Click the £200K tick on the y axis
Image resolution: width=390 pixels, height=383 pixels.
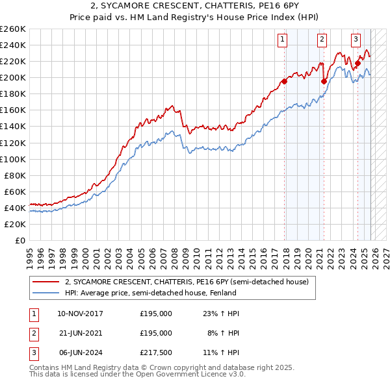pos(13,77)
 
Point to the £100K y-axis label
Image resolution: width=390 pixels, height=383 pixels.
pos(13,159)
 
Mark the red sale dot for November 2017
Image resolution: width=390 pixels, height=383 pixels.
pos(284,82)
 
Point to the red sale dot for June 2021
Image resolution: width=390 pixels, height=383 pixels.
pos(324,81)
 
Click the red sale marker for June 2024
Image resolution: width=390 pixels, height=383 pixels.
pos(357,63)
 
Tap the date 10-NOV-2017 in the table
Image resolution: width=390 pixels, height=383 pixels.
pos(80,314)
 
